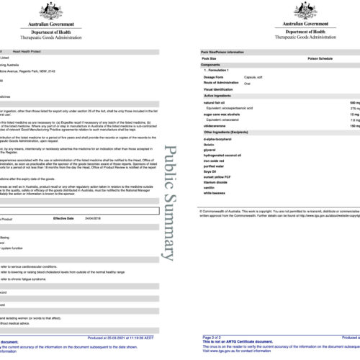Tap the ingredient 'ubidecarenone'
[x=217, y=125]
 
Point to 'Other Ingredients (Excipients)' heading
[x=232, y=132]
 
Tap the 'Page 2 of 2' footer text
[x=212, y=337]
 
